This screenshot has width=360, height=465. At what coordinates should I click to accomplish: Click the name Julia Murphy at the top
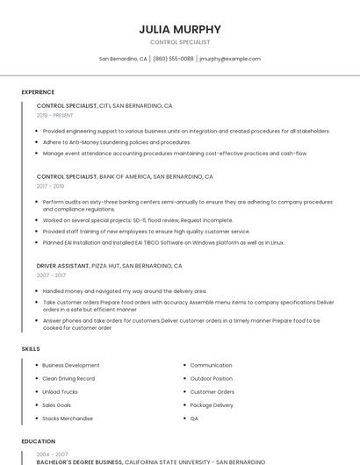pos(180,29)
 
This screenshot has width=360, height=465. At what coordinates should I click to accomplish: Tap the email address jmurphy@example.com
pos(230,59)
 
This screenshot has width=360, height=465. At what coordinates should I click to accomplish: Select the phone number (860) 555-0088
pos(173,59)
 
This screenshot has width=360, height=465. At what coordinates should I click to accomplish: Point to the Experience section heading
pos(38,92)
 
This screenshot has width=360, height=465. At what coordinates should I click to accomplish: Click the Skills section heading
pos(31,349)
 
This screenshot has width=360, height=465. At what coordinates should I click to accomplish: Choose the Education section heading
pos(38,441)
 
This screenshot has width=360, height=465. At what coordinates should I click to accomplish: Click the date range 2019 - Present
pos(55,115)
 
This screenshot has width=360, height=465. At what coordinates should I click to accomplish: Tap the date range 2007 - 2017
pos(50,275)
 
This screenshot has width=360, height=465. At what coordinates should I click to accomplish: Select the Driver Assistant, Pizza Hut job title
pos(109,265)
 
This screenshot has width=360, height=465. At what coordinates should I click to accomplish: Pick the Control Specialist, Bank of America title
pos(125,176)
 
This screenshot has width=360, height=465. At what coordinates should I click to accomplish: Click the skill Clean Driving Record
pos(68,378)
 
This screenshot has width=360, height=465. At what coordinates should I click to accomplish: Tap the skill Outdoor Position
pos(212,378)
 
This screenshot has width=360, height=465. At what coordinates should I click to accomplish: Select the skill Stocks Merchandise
pos(68,418)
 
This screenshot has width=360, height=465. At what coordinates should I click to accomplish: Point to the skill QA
pos(194,418)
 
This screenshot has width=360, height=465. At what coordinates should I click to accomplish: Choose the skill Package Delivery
pos(212,405)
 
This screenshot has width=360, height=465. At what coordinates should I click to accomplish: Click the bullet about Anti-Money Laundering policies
pos(117,142)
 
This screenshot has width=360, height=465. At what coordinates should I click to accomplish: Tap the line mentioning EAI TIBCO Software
pos(163,242)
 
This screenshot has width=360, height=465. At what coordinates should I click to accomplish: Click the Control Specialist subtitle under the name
pos(180,42)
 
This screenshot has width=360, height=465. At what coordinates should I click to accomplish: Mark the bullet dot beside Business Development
pos(37,365)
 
